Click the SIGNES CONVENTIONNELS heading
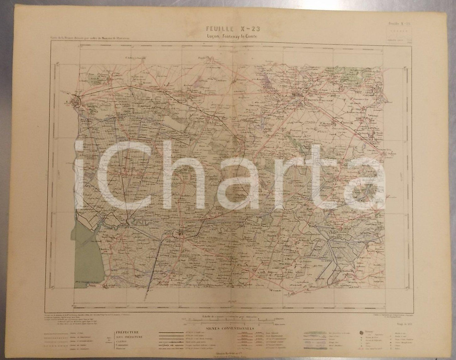pos(231,328)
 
